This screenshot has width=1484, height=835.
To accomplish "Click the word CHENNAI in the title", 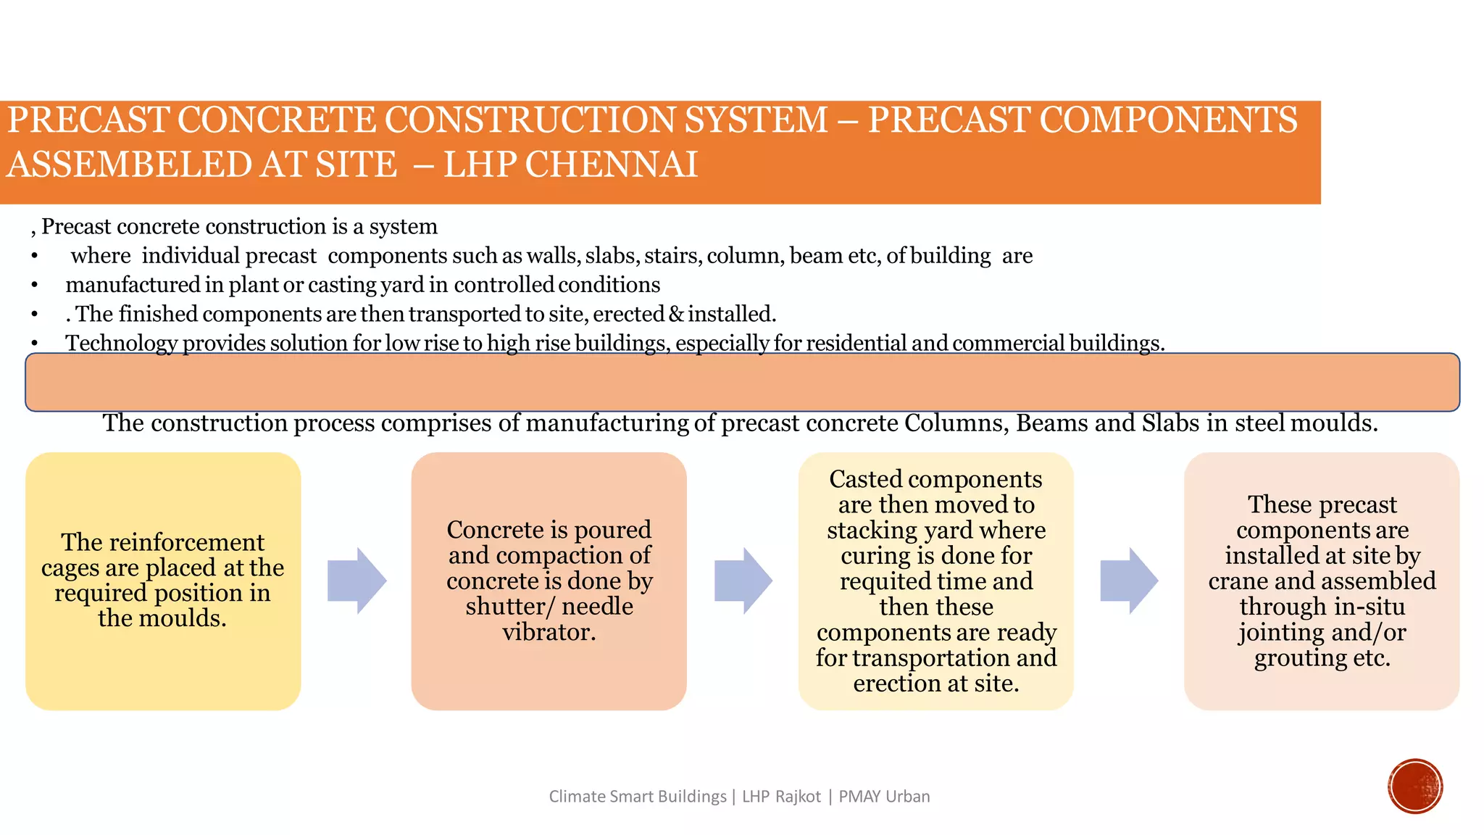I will pos(611,165).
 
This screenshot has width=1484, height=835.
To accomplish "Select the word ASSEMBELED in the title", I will pos(129,165).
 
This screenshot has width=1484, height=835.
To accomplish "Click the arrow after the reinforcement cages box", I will pos(357,581).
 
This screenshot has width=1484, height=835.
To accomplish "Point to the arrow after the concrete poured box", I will pos(743,581).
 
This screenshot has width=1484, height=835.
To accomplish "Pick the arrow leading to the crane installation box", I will pos(1129,581).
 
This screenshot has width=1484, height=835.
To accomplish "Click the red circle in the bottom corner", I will pos(1415,786).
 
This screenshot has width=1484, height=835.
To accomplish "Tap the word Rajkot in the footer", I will pos(798,797).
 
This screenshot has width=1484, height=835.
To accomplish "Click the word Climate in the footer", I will pos(577,797).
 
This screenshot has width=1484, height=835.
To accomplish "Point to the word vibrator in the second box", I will pos(548,632).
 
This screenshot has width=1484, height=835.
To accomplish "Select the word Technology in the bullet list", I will pos(121,343).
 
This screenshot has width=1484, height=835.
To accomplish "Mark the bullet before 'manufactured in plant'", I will pos(34,286).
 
